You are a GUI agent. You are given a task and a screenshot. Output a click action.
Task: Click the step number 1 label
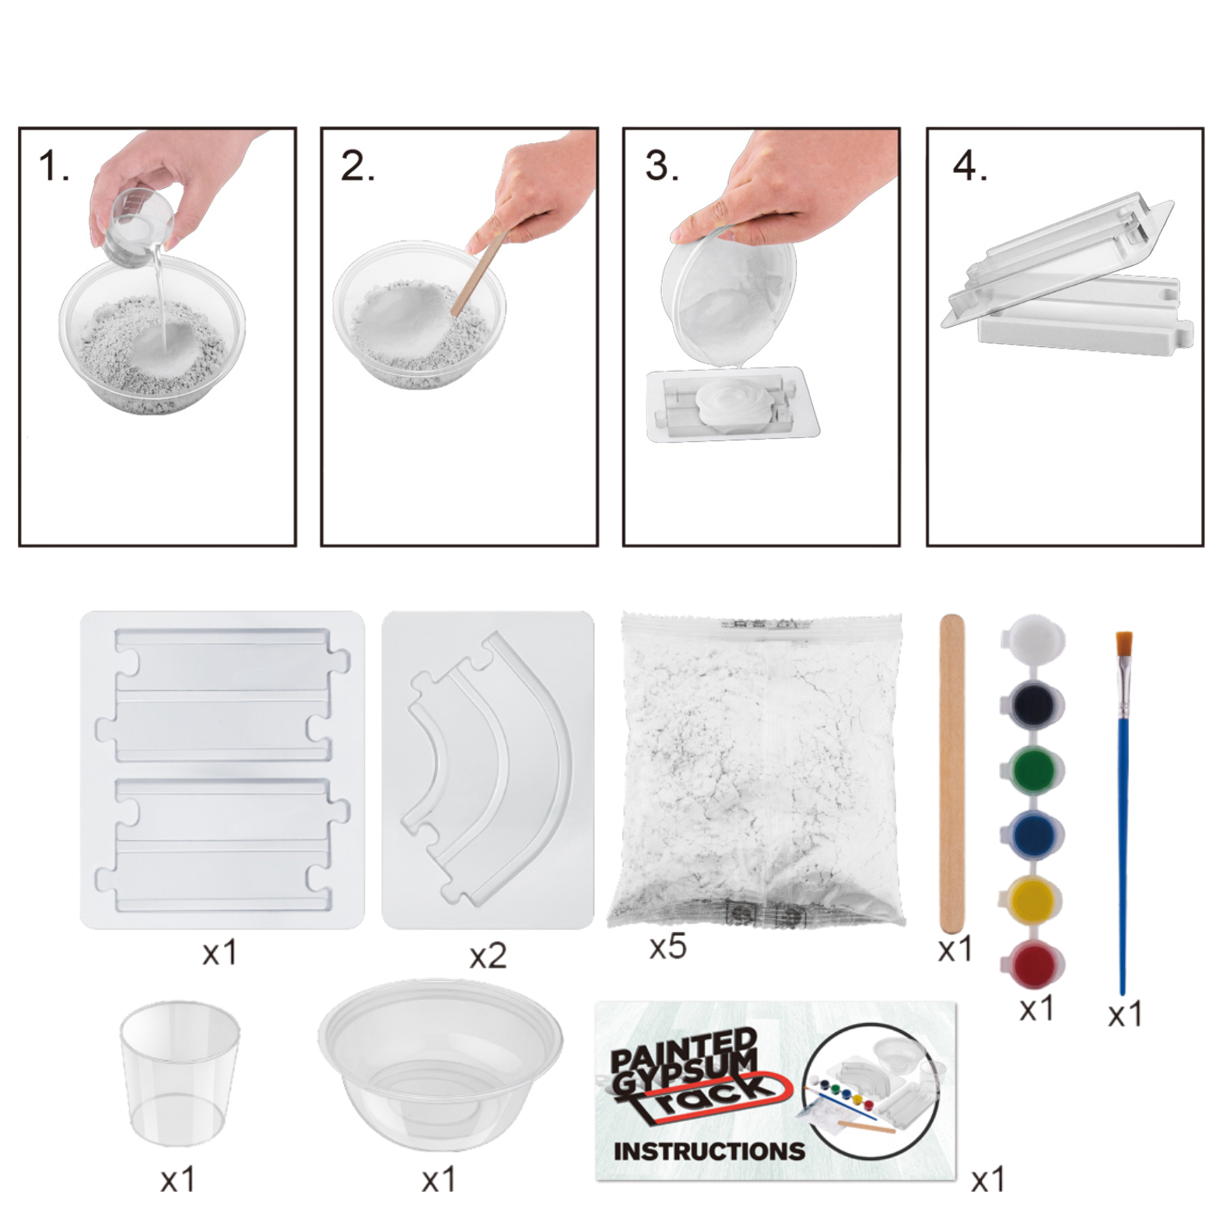click(53, 166)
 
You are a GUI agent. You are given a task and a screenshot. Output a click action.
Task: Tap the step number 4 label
click(970, 166)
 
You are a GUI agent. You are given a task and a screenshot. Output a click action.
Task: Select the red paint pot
click(1032, 965)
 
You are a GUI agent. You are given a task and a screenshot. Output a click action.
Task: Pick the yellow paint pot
click(1032, 900)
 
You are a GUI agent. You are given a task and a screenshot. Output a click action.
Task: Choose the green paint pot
click(1032, 769)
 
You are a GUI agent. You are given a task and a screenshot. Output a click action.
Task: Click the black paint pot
click(1032, 705)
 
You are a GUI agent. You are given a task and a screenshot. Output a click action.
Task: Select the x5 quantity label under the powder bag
click(668, 947)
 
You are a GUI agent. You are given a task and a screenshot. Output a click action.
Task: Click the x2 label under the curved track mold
click(488, 956)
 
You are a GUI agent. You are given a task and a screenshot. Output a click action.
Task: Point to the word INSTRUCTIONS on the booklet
click(709, 1151)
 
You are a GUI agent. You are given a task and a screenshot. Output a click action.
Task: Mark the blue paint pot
click(1032, 835)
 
